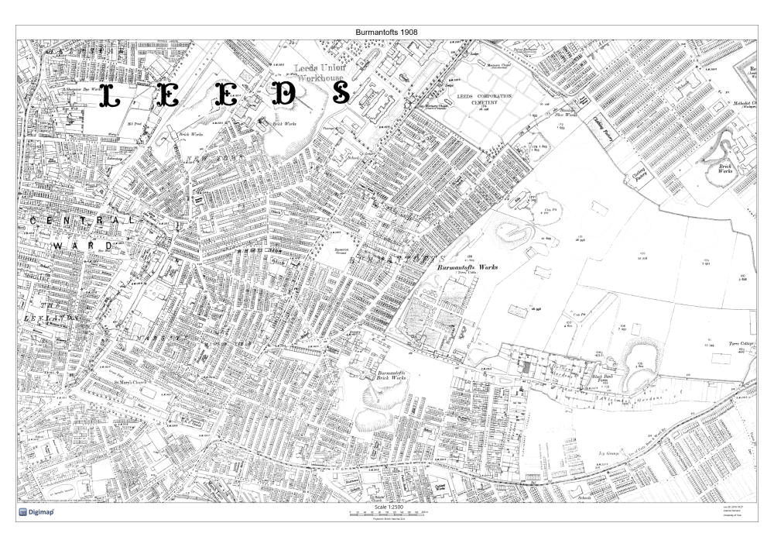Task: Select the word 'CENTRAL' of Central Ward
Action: pyautogui.click(x=81, y=222)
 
